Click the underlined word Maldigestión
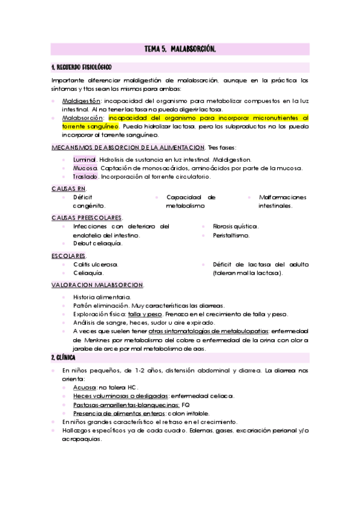click(82, 101)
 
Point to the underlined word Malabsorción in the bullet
click(82, 118)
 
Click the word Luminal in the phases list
click(85, 159)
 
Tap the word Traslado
click(85, 177)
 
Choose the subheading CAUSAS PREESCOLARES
click(87, 217)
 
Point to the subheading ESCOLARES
click(68, 256)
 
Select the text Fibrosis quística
click(236, 226)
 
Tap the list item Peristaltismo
click(231, 235)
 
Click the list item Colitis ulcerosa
click(95, 264)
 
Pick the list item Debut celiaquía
click(97, 244)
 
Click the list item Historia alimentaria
click(102, 297)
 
